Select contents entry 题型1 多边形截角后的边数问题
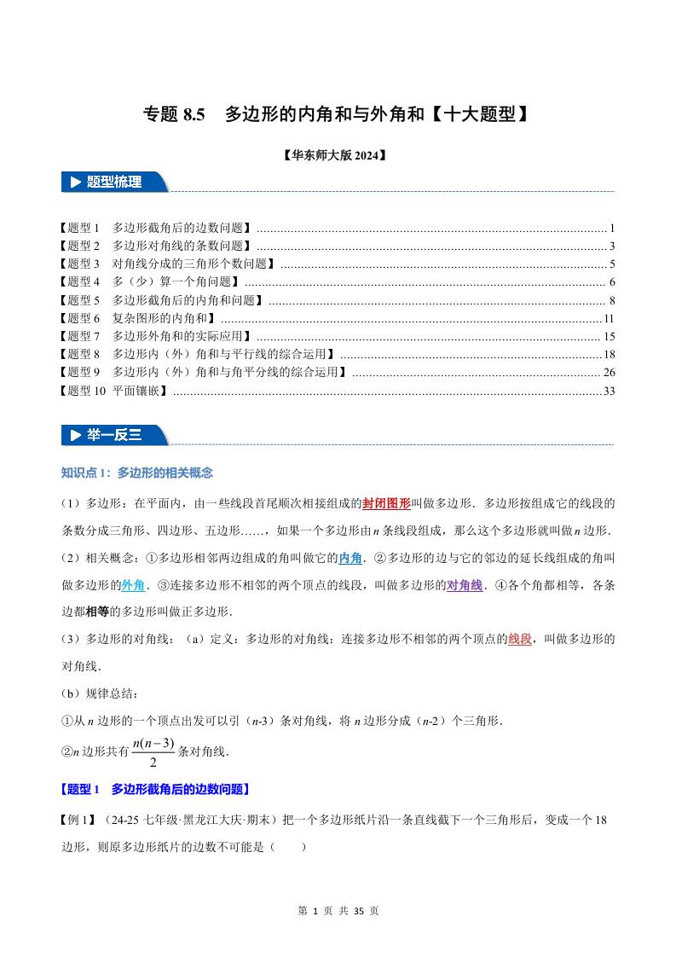[156, 229]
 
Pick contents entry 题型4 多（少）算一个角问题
[150, 282]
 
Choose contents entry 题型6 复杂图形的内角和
[138, 318]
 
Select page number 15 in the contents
[609, 336]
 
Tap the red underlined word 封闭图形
[386, 503]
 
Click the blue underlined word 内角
[350, 558]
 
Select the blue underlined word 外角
[132, 585]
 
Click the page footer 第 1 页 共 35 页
[338, 911]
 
